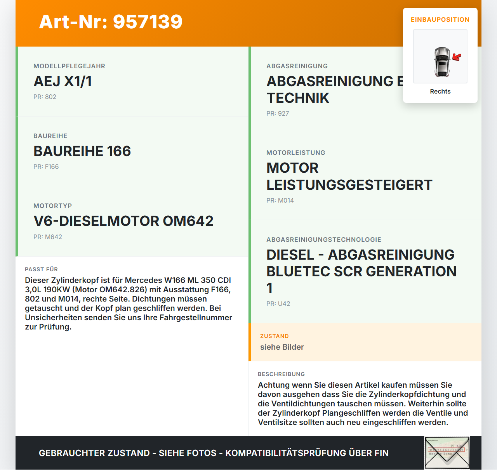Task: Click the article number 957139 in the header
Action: click(148, 22)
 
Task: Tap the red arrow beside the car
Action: click(457, 57)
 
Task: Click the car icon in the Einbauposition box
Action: click(442, 62)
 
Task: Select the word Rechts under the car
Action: click(440, 92)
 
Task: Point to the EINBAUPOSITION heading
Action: click(440, 20)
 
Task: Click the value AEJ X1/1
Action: click(63, 82)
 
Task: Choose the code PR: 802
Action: click(45, 97)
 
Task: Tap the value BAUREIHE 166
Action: click(82, 151)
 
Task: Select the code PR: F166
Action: click(46, 167)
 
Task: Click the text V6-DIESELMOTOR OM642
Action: click(123, 221)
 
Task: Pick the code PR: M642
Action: click(47, 237)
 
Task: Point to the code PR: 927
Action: click(278, 114)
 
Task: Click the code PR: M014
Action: click(280, 201)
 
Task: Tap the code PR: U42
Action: click(278, 304)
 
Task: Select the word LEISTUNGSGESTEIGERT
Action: click(349, 185)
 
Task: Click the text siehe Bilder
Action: click(282, 347)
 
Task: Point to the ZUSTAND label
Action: click(274, 336)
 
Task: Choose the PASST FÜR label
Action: click(41, 270)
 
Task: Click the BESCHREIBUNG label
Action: click(281, 375)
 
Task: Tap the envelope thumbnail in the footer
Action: click(447, 453)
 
